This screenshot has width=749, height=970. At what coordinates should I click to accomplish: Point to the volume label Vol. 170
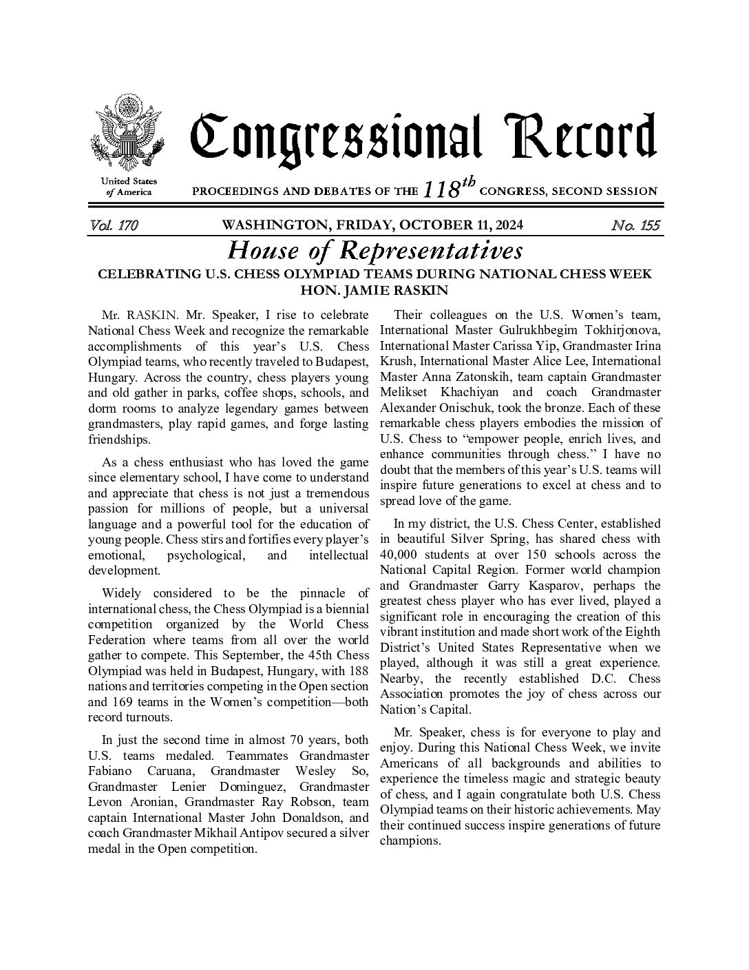point(114,225)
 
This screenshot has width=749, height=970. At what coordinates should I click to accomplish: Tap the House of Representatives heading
point(375,249)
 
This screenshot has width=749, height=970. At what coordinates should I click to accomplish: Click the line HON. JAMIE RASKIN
point(375,290)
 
